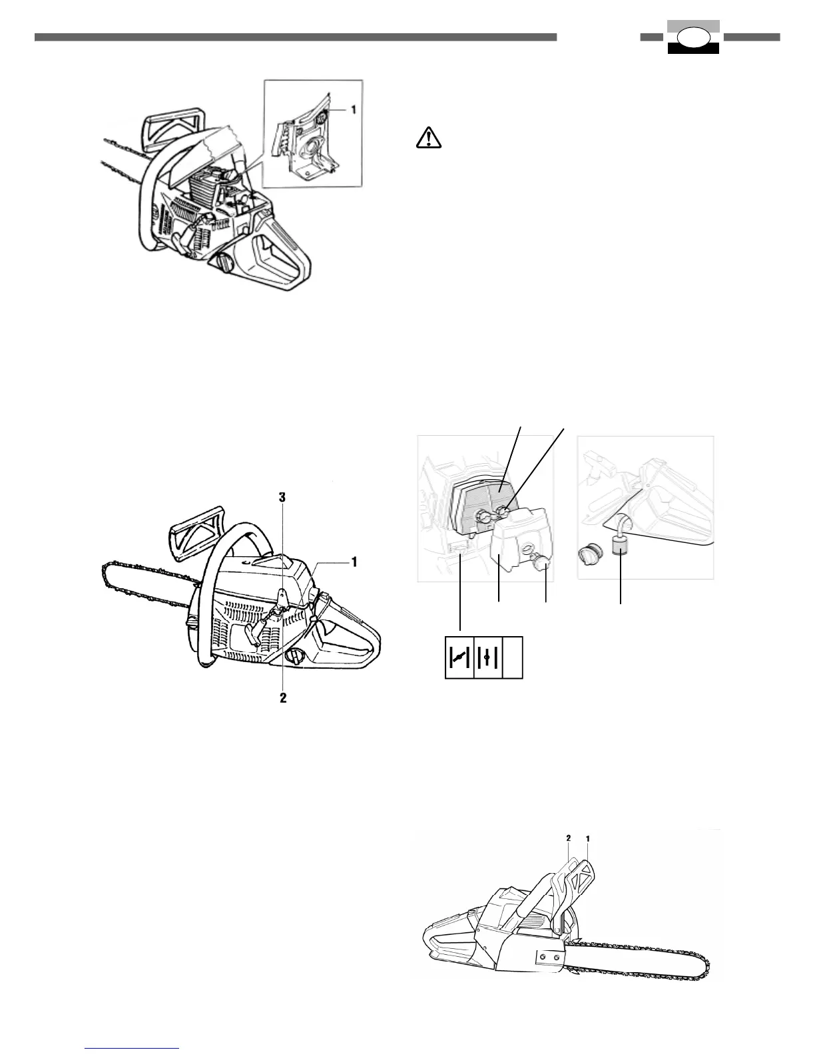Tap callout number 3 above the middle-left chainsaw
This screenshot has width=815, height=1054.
[x=282, y=497]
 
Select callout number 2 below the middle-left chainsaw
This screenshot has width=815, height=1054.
[x=283, y=699]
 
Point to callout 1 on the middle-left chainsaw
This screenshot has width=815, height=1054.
[x=354, y=562]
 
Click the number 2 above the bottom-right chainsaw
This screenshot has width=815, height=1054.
[x=568, y=839]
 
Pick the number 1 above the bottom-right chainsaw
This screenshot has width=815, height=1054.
[x=588, y=839]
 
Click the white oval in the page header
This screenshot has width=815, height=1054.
[x=693, y=37]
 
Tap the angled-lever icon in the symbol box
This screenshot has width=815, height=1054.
[x=459, y=657]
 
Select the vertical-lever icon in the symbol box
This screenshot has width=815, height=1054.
[x=487, y=657]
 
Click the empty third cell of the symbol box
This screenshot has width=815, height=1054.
[x=513, y=657]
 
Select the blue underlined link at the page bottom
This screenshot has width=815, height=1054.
[x=133, y=1049]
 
